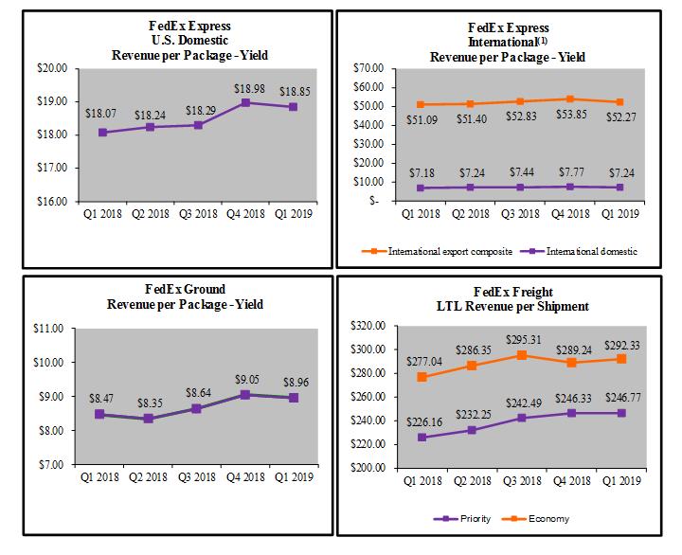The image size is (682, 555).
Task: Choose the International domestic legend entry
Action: tap(582, 251)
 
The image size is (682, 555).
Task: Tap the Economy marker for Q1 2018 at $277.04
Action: tap(422, 377)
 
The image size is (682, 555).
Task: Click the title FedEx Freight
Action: tap(508, 292)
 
